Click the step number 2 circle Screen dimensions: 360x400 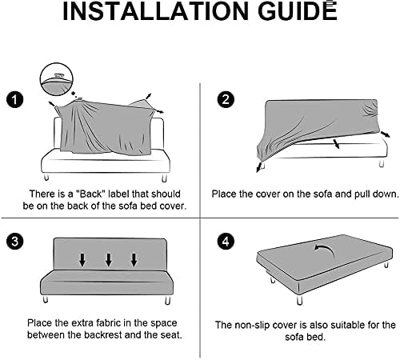(225, 99)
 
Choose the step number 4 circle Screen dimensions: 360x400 (225, 240)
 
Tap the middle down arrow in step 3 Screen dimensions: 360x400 (108, 260)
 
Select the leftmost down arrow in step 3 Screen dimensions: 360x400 (82, 260)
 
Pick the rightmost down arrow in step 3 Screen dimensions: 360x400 (134, 260)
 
